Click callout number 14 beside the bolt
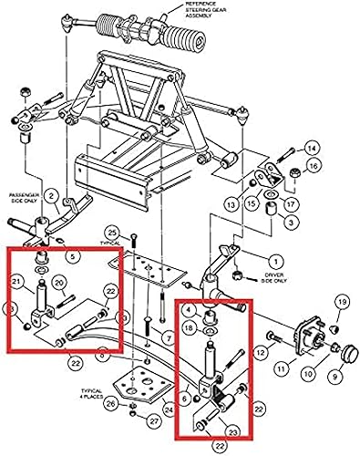click(311, 149)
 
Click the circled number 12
click(261, 351)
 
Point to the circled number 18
click(190, 327)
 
